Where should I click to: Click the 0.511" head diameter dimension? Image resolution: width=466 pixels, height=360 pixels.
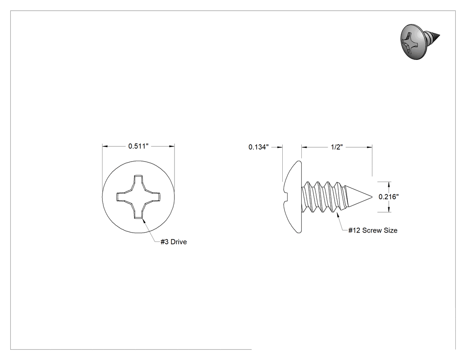click(138, 146)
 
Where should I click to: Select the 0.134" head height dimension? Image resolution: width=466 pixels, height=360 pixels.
click(259, 147)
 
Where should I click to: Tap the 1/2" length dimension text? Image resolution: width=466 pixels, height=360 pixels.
click(337, 147)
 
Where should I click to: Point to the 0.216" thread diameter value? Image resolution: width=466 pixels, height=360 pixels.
click(388, 197)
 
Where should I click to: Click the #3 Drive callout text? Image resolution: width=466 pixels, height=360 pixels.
click(174, 241)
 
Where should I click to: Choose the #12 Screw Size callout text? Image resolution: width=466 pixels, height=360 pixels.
click(373, 230)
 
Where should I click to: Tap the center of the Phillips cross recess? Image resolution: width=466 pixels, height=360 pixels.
click(138, 197)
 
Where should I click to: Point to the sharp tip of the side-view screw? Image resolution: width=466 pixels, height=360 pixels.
click(372, 197)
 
